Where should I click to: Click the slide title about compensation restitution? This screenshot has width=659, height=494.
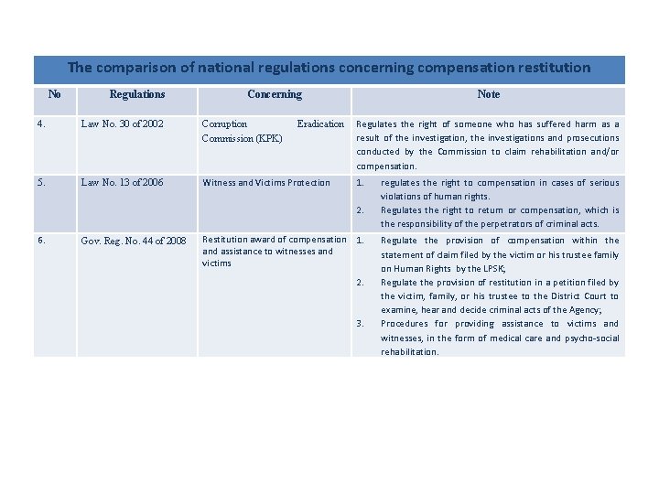329,68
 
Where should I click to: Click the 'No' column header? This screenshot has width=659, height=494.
54,94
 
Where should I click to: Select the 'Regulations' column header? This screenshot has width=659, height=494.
137,94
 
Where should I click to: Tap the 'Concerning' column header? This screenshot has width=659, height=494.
274,94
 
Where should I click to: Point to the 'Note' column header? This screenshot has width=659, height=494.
489,94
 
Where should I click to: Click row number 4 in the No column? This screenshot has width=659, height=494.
42,124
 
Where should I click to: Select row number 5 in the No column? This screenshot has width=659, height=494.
42,182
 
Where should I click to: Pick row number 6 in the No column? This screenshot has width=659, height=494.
42,241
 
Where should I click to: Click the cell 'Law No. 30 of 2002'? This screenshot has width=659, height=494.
122,124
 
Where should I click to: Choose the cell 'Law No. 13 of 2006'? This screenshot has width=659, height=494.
122,183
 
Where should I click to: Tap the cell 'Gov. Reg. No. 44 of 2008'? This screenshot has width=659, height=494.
134,242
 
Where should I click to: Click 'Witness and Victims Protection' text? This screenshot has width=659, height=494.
265,183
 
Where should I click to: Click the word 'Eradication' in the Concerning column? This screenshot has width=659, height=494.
320,124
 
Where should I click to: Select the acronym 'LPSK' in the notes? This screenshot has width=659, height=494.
494,269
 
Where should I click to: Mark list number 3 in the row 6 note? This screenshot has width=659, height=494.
361,324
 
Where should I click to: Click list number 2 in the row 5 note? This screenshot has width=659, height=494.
361,210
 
